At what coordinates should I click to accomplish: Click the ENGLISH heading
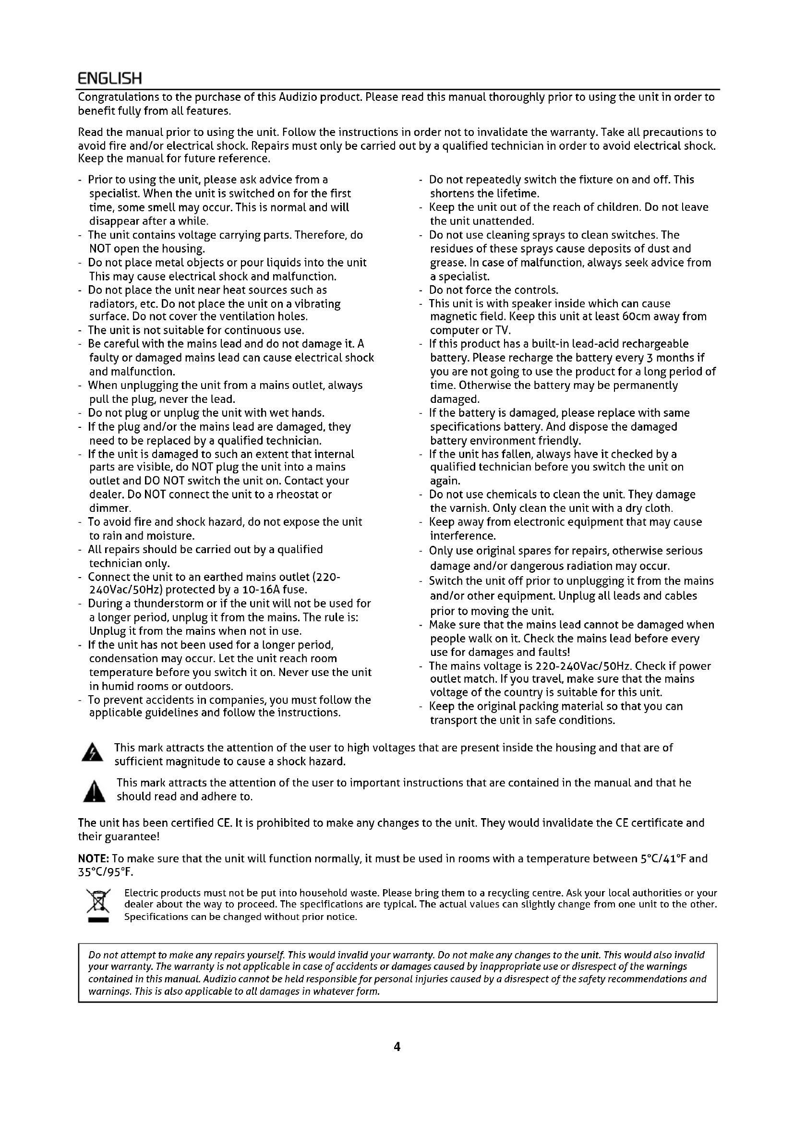[x=110, y=78]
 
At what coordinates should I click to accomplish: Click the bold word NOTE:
[x=94, y=858]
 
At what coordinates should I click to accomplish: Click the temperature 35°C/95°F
[x=106, y=872]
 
